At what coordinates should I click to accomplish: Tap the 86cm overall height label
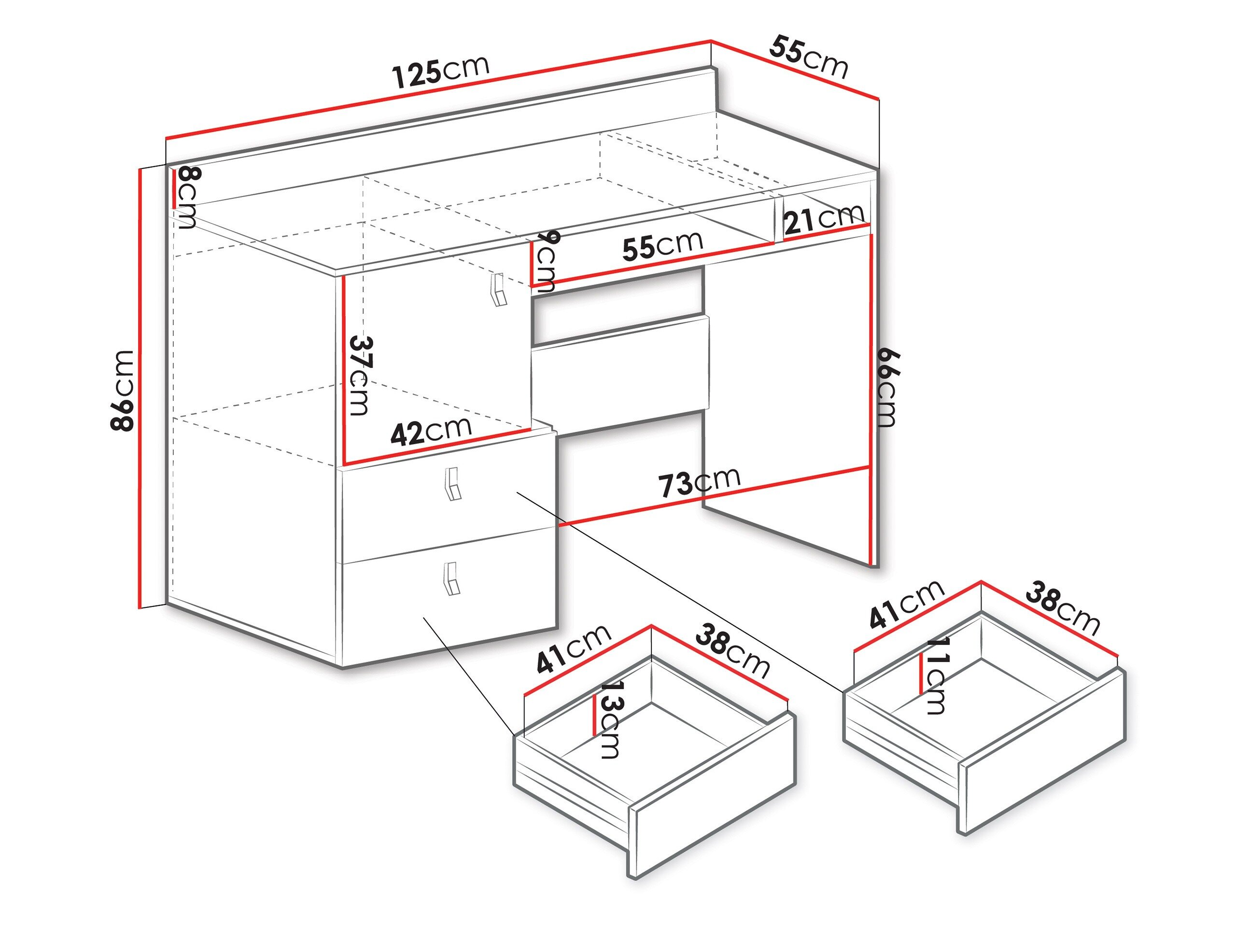[x=123, y=391]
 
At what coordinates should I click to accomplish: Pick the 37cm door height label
[x=359, y=375]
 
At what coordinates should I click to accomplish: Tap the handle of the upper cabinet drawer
[x=452, y=484]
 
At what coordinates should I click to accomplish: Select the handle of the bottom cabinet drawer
[x=451, y=578]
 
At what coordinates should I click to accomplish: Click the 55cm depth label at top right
[x=809, y=56]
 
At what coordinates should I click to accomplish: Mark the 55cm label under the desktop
[x=663, y=245]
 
